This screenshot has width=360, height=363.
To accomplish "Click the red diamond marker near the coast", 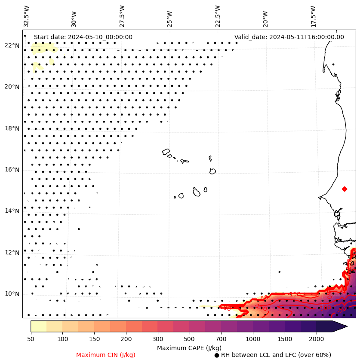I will [345, 189].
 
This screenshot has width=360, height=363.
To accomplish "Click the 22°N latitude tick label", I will [12, 46].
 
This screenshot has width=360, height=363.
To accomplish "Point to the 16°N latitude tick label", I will [12, 170].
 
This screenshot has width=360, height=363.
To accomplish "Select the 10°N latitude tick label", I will [12, 294].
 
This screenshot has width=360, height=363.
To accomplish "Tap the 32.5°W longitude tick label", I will [27, 16].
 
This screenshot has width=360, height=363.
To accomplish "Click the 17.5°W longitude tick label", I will [312, 16].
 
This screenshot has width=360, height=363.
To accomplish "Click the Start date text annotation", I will [83, 37].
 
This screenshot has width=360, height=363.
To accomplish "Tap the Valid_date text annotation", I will [289, 37].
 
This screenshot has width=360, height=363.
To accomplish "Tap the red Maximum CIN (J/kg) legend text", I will [105, 355].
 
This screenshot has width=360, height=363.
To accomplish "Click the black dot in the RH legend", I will [216, 355].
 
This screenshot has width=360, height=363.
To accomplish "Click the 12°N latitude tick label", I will [12, 253].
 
